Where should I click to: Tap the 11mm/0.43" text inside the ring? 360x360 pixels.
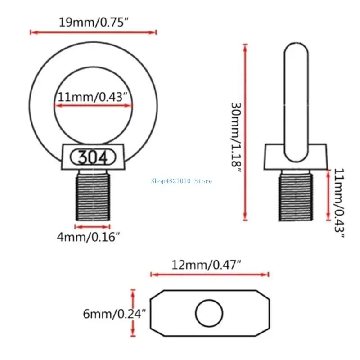point(94,96)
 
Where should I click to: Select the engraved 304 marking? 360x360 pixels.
point(93,157)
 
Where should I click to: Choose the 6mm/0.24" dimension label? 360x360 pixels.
point(114,313)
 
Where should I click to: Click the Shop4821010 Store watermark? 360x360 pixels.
point(181,181)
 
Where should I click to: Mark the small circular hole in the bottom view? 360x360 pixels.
point(209,312)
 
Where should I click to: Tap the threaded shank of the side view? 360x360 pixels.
point(295,196)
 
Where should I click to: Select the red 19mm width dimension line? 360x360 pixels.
point(93,32)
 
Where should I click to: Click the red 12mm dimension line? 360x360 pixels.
point(210,274)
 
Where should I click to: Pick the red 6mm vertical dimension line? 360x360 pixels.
point(133,313)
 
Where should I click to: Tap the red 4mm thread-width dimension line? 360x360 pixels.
point(93,226)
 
